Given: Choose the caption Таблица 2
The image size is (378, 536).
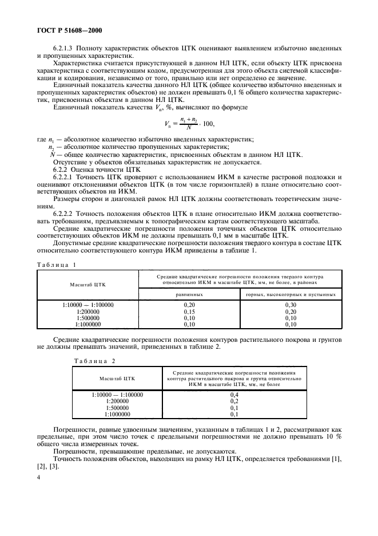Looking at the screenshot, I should pos(95,361).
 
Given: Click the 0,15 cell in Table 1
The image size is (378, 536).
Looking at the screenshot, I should pos(188,312).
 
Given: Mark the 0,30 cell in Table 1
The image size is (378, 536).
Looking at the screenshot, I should pos(290,306).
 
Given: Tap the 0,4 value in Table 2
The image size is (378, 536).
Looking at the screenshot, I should pos(233,395).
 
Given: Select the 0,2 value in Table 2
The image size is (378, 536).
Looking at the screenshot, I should pos(233,401).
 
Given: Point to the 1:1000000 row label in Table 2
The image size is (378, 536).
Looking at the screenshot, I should pos(117,414).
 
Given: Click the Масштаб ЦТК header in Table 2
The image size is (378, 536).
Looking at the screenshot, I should pos(117,379).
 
